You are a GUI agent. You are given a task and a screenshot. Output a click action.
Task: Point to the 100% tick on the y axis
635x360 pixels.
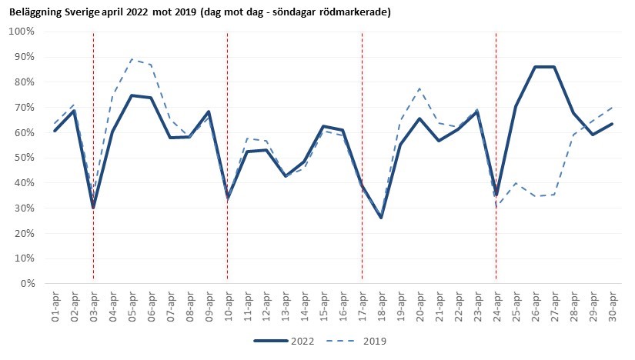[x=23, y=32]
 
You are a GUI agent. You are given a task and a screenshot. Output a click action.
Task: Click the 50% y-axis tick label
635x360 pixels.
[x=25, y=158]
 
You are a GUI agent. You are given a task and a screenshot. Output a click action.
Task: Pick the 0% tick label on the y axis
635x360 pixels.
[x=28, y=284]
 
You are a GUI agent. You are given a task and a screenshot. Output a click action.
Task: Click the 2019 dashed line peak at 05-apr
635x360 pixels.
[x=132, y=59]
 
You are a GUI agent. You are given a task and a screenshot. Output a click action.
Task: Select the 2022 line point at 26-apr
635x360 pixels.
[x=534, y=67]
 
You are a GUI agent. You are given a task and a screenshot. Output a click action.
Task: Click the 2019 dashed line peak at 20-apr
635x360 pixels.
[x=419, y=88]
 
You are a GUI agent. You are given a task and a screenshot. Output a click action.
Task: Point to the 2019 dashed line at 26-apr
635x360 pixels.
[x=534, y=196]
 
